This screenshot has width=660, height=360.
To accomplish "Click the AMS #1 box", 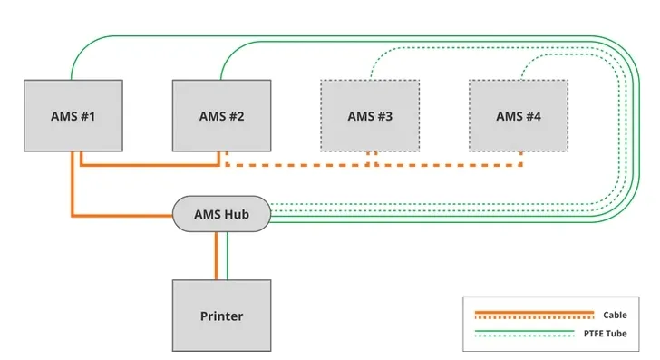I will point(73,115).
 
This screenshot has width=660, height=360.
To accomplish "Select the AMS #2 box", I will point(221,115).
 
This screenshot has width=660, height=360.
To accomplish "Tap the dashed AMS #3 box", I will point(370,115).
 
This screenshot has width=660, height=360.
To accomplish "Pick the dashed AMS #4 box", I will point(518,115).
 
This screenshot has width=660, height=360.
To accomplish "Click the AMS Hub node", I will point(221,214).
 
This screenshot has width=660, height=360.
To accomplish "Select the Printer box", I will point(221,316).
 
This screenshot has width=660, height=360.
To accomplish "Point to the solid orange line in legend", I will point(534,313).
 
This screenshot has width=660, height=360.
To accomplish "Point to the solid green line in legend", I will point(534,332).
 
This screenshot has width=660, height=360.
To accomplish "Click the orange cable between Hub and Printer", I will point(216,256).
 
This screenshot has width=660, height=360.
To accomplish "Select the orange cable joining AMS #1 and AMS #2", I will point(150,166).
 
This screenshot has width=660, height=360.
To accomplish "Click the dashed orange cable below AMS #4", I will point(521,159).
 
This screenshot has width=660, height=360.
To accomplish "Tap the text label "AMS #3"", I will point(370,116).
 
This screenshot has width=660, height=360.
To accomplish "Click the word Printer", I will point(221,316).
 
